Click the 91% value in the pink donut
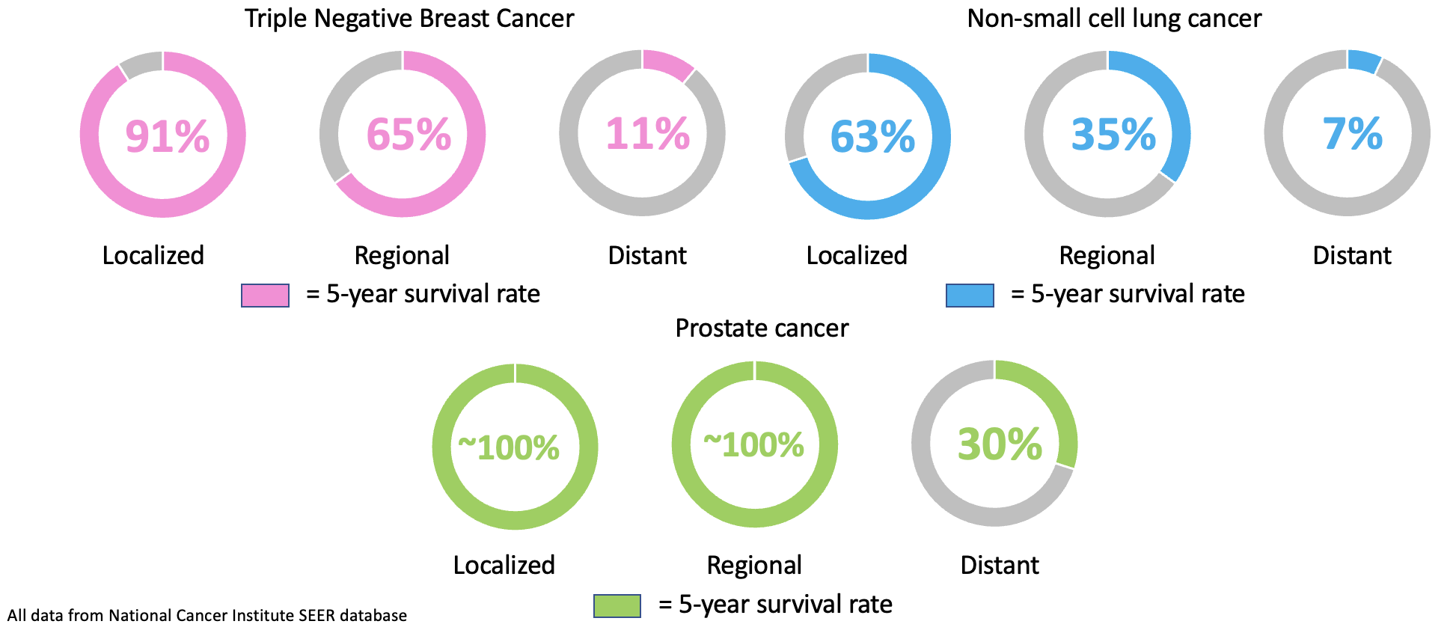coord(167,137)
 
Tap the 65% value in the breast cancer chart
coord(409,135)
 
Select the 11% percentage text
coord(647,134)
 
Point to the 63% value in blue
coord(872,137)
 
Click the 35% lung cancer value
coord(1113,135)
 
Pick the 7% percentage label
coord(1352,134)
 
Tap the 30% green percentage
coord(1000,444)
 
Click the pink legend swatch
coord(265,296)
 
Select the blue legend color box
coord(970,296)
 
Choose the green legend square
coord(617,605)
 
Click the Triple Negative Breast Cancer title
coord(409,18)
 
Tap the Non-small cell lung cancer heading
coord(1113,18)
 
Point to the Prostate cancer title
coord(762,328)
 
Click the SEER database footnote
coord(207,616)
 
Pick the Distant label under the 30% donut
coord(1000,565)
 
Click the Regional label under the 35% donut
coord(1107,256)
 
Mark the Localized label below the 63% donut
coord(857,256)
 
